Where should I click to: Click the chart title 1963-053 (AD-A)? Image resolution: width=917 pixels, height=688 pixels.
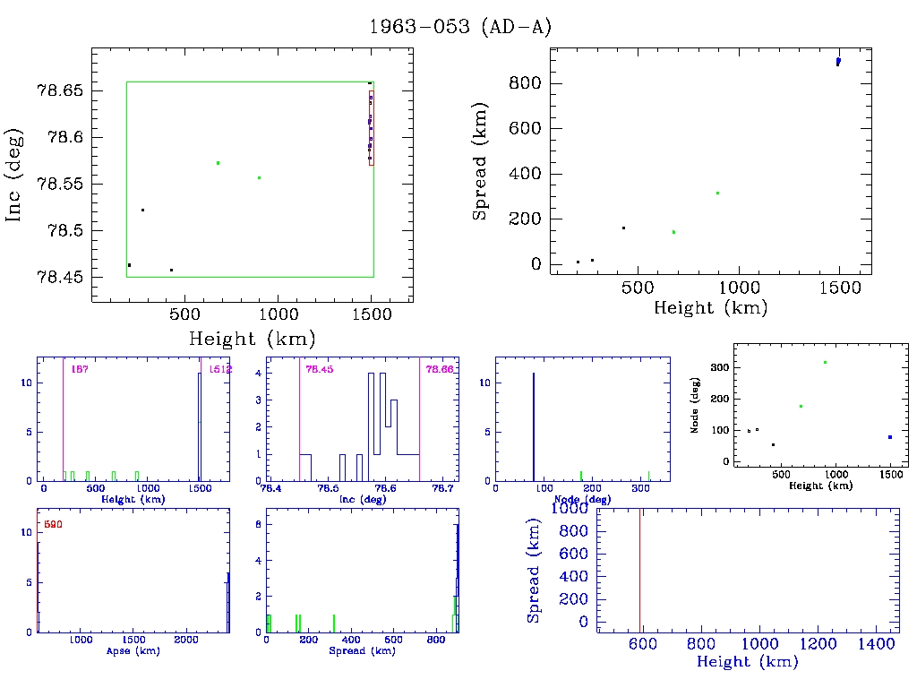(460, 27)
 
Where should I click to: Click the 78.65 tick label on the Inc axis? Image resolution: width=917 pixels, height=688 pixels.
(64, 91)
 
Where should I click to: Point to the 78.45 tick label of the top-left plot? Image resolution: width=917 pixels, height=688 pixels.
(64, 278)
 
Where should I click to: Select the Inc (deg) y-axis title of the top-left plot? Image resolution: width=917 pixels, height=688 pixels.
(14, 184)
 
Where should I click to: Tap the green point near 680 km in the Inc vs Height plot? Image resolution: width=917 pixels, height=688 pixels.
(218, 163)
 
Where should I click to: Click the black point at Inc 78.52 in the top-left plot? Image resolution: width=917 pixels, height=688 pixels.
(142, 211)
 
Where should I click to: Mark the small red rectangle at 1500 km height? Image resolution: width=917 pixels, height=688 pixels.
(371, 127)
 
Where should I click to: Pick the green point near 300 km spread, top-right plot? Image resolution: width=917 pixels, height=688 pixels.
(717, 193)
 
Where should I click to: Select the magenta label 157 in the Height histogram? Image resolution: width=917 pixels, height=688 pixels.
(78, 369)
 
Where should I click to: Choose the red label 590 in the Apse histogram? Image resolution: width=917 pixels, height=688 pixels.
(53, 524)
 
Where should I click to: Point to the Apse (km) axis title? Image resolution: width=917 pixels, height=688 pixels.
(133, 651)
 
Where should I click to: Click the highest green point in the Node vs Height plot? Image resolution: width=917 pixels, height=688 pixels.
(824, 362)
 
